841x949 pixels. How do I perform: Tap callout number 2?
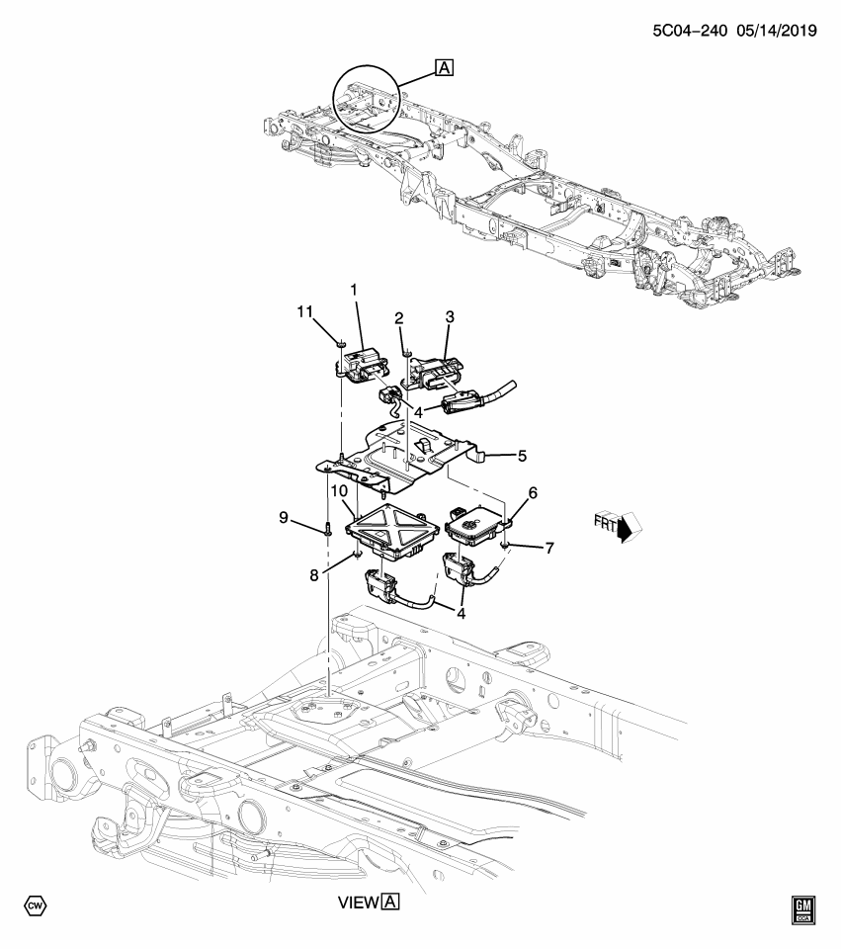pyautogui.click(x=398, y=317)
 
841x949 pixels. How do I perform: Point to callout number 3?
pyautogui.click(x=449, y=317)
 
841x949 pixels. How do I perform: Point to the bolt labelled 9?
pyautogui.click(x=326, y=530)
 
